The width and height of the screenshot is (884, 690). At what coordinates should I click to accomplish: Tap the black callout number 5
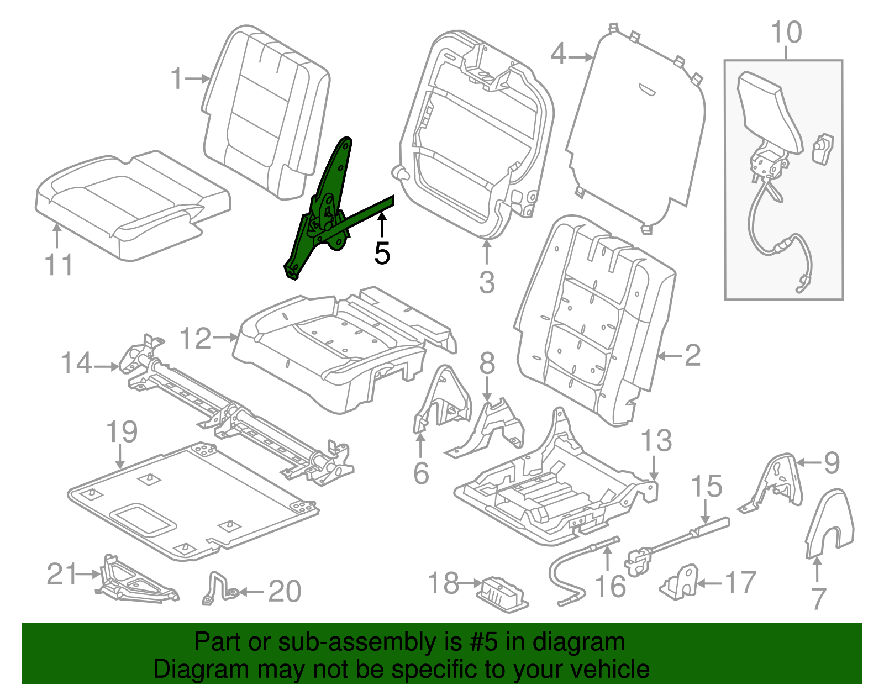pyautogui.click(x=382, y=253)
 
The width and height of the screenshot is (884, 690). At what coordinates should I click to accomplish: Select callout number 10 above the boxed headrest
pyautogui.click(x=786, y=33)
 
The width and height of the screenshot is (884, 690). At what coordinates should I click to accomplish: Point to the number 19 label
pyautogui.click(x=122, y=432)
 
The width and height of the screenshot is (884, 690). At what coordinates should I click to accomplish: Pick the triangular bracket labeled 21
pyautogui.click(x=133, y=580)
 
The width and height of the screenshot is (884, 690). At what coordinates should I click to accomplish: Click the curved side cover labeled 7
pyautogui.click(x=830, y=522)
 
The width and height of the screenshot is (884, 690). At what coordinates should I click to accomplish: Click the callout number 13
pyautogui.click(x=656, y=441)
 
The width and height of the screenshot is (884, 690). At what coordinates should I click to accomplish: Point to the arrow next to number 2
pyautogui.click(x=670, y=356)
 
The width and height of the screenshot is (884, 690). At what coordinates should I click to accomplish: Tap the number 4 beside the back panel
pyautogui.click(x=559, y=55)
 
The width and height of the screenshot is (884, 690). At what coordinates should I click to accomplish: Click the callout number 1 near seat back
pyautogui.click(x=176, y=78)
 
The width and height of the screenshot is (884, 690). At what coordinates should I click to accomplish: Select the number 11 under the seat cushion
pyautogui.click(x=59, y=265)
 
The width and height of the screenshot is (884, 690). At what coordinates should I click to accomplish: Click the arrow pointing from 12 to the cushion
pyautogui.click(x=226, y=336)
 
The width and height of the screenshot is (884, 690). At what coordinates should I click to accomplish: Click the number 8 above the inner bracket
pyautogui.click(x=487, y=364)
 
